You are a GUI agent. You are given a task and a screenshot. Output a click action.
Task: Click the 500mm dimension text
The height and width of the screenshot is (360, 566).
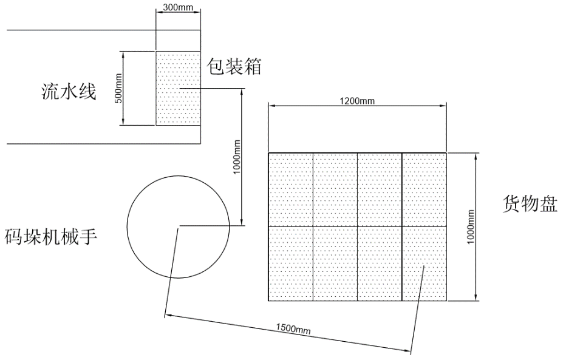(x=119, y=89)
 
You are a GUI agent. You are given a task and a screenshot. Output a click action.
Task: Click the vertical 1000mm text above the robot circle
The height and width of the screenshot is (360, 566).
(x=237, y=157)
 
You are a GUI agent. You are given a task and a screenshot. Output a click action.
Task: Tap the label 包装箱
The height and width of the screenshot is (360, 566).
(x=234, y=66)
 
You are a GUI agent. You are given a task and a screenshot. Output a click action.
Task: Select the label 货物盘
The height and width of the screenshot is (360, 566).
(x=530, y=203)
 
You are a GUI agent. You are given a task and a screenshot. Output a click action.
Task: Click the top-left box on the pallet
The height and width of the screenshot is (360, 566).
(x=290, y=189)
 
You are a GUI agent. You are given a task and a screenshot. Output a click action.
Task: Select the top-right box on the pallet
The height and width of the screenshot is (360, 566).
(x=424, y=189)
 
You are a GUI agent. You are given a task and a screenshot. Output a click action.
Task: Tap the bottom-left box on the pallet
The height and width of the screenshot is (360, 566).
(x=290, y=263)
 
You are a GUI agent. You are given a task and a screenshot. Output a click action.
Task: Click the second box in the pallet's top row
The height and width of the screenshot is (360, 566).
(x=335, y=189)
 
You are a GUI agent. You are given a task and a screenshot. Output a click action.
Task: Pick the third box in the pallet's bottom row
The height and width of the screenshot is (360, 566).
(x=379, y=263)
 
